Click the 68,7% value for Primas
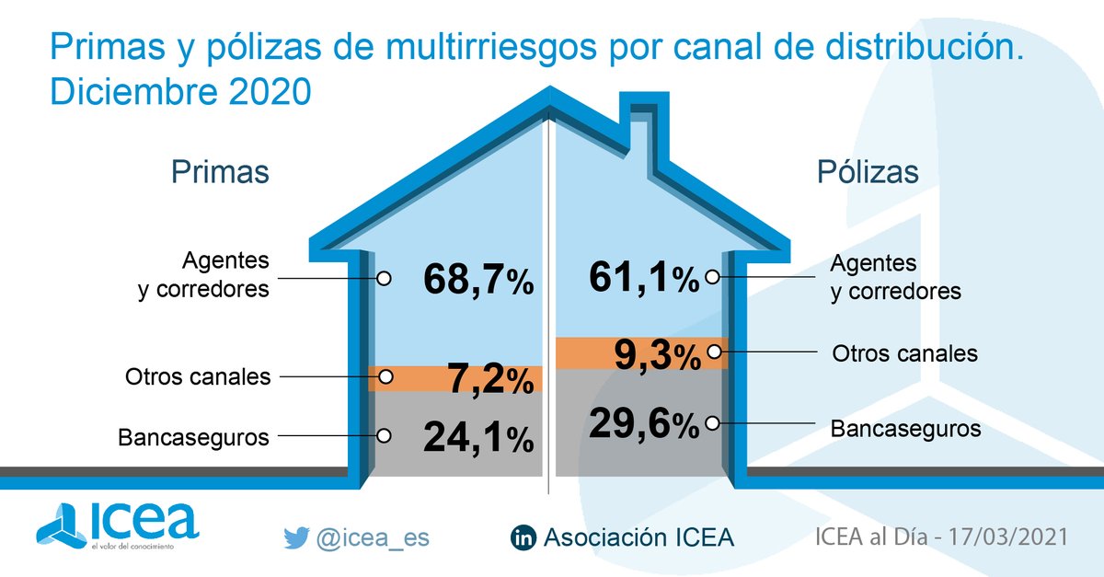[478, 279]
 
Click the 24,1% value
[478, 436]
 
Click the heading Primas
[220, 172]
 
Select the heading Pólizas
[868, 172]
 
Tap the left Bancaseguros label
[193, 437]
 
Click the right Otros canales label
[904, 353]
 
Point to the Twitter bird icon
[295, 538]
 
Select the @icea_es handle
[373, 538]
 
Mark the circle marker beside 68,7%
[385, 276]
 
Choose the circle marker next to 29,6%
[711, 423]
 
